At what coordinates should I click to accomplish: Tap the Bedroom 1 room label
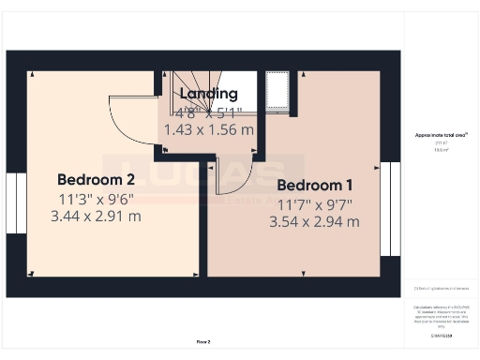(x=314, y=185)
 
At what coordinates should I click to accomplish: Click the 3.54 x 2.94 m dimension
(x=314, y=222)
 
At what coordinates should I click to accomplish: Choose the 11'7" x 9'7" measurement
(x=314, y=203)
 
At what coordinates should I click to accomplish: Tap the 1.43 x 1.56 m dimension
(x=208, y=129)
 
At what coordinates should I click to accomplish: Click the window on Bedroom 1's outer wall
(x=389, y=208)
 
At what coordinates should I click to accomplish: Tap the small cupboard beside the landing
(x=278, y=91)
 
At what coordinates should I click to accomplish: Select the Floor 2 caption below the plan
(x=203, y=341)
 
